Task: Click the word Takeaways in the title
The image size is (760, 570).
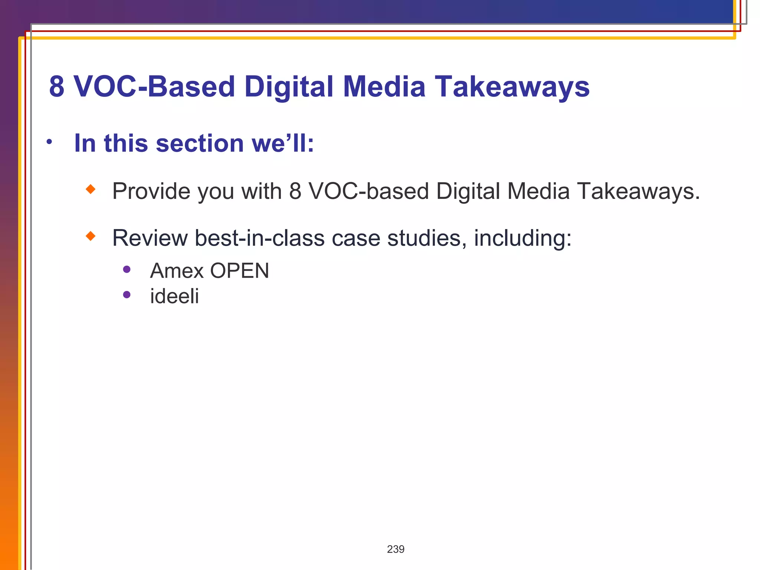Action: [x=512, y=87]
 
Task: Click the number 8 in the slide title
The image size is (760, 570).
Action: [x=57, y=87]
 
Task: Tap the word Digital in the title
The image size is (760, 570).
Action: [x=289, y=87]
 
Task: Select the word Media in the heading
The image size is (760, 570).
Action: [x=384, y=87]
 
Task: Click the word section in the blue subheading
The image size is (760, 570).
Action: [x=200, y=143]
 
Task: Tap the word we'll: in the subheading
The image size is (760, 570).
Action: [x=283, y=143]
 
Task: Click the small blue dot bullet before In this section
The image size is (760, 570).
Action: [x=49, y=141]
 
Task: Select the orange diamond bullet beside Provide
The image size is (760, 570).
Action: [x=91, y=189]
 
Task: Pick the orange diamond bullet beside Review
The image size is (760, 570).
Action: [x=91, y=236]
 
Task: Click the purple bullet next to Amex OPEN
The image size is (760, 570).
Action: [x=127, y=269]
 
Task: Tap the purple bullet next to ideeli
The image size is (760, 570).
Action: [x=127, y=295]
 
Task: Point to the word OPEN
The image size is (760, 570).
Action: [x=240, y=271]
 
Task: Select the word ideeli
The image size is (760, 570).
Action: [x=174, y=296]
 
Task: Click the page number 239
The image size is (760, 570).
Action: [x=396, y=549]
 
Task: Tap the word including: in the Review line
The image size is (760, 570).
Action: [x=522, y=238]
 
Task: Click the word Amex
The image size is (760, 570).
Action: [x=177, y=271]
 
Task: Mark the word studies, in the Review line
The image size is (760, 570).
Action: [x=427, y=238]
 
